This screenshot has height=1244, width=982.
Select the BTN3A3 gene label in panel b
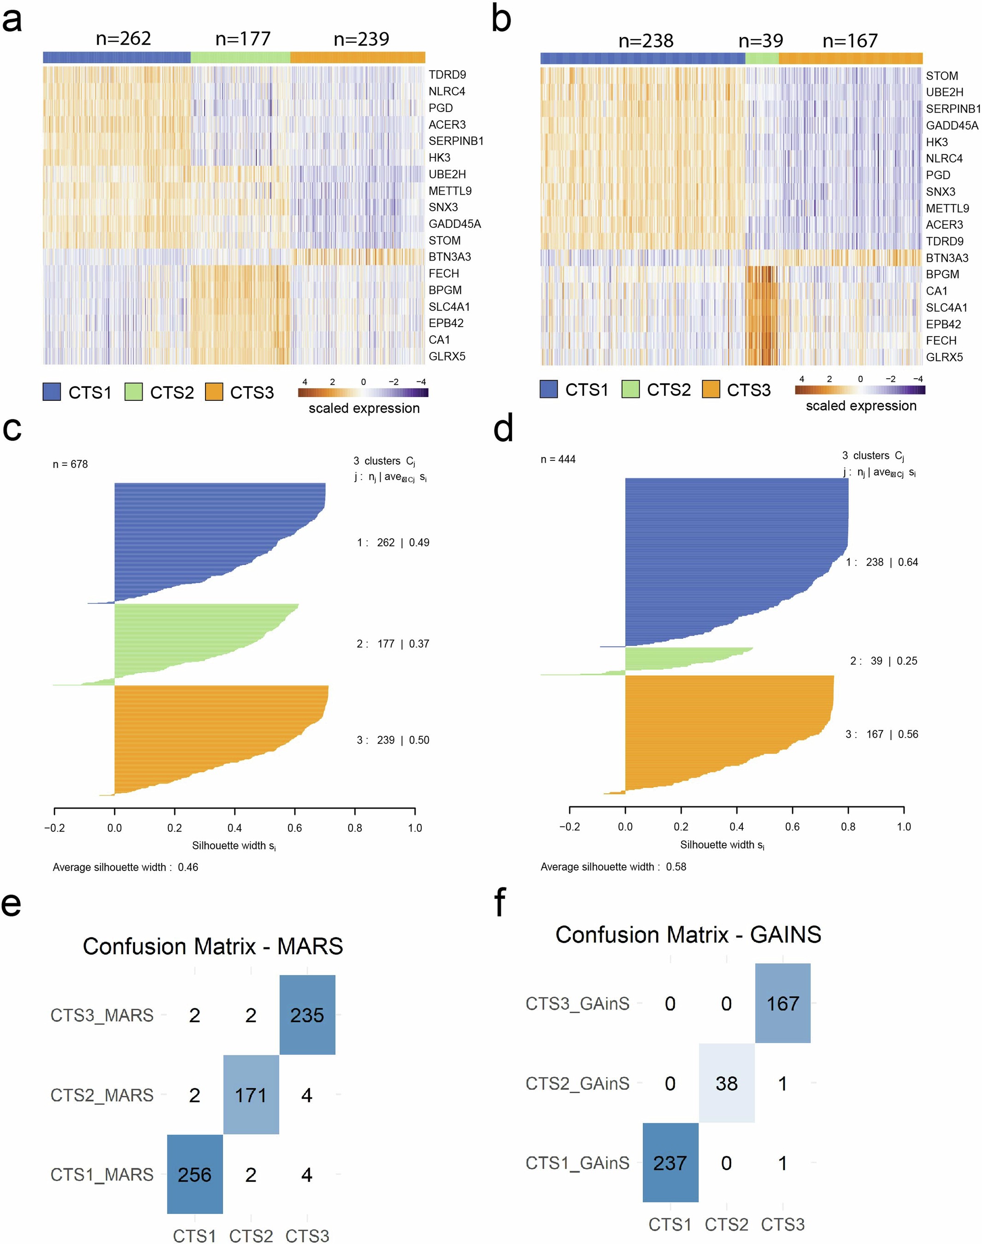[947, 258]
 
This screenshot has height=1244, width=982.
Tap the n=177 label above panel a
[243, 39]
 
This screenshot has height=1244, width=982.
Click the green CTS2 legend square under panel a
[133, 392]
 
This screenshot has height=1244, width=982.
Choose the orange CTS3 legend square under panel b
[711, 390]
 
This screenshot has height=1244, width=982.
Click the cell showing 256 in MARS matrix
[194, 1174]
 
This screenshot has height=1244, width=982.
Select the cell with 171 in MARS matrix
[251, 1095]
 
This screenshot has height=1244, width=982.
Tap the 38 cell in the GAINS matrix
[726, 1083]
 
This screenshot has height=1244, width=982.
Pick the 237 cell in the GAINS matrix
[670, 1163]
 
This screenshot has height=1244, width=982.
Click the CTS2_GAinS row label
[577, 1083]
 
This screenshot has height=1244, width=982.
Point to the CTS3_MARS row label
[102, 1015]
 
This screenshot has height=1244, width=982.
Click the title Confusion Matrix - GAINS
[688, 934]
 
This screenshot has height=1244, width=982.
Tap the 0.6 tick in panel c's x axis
[294, 828]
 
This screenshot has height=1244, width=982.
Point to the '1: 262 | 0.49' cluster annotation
[393, 542]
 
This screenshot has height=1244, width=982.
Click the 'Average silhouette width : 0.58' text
[613, 867]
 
